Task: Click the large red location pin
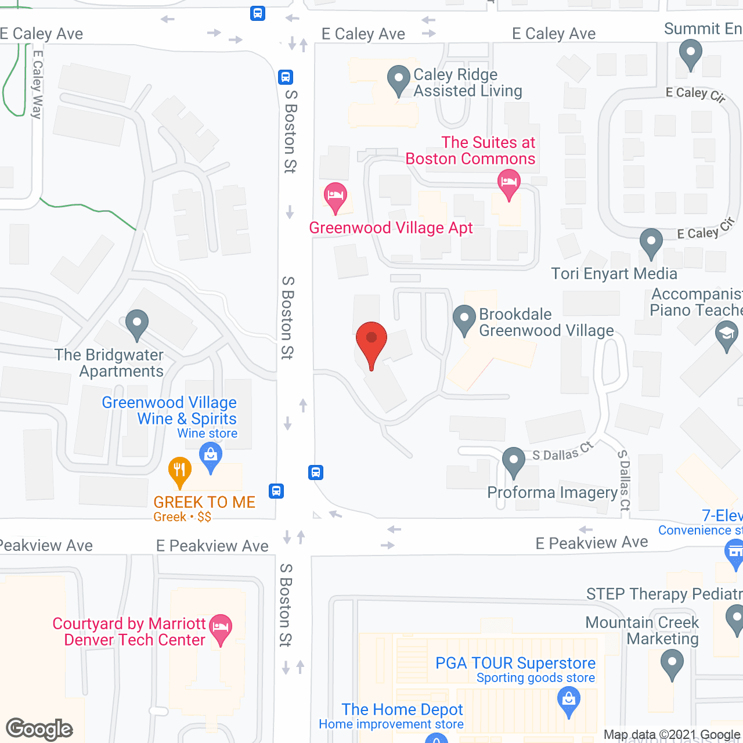(371, 342)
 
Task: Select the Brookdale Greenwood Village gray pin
(464, 320)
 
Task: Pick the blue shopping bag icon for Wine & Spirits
(211, 457)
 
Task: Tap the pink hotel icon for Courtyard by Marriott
(221, 629)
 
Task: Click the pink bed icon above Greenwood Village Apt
(336, 197)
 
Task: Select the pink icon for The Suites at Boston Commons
(509, 184)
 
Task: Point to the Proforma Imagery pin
(514, 462)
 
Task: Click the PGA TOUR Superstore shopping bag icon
(569, 701)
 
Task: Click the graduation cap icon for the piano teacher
(726, 336)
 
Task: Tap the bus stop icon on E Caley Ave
(258, 13)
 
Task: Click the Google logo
(39, 729)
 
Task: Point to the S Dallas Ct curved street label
(562, 452)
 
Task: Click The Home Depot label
(402, 709)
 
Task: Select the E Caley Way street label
(37, 85)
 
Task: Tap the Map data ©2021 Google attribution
(672, 735)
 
